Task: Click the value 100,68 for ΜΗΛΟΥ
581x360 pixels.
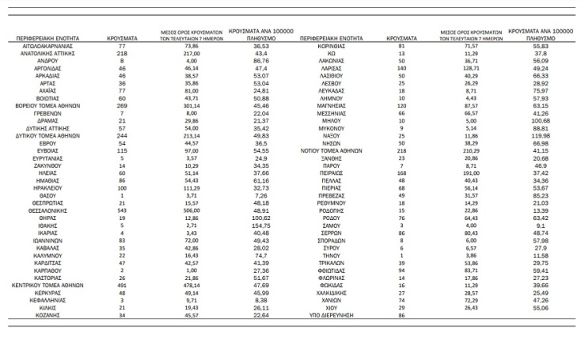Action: point(541,122)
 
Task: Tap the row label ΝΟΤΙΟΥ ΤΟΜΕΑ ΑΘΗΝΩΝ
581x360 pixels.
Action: point(332,150)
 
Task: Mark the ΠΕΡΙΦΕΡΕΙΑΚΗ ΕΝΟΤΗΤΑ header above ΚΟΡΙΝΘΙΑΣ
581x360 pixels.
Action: point(332,37)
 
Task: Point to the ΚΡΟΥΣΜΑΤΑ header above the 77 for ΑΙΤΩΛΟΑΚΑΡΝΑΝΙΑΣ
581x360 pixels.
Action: point(123,37)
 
